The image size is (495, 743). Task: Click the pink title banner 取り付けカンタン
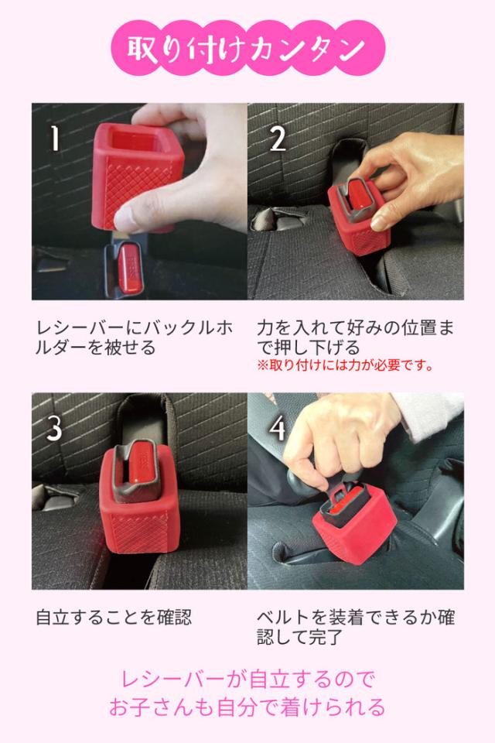(x=247, y=48)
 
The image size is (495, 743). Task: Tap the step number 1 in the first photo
(x=55, y=138)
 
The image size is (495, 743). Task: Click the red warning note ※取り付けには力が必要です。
(x=345, y=365)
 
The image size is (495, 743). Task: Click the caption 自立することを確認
(x=114, y=618)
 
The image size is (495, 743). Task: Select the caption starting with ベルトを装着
(x=356, y=627)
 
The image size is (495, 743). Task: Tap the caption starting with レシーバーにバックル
(x=135, y=337)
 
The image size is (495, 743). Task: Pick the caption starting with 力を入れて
(x=355, y=337)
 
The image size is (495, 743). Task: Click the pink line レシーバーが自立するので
(x=247, y=680)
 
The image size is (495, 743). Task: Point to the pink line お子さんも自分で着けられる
(x=247, y=707)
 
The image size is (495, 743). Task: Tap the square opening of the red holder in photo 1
(x=134, y=140)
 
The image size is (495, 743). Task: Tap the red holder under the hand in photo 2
(x=360, y=223)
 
